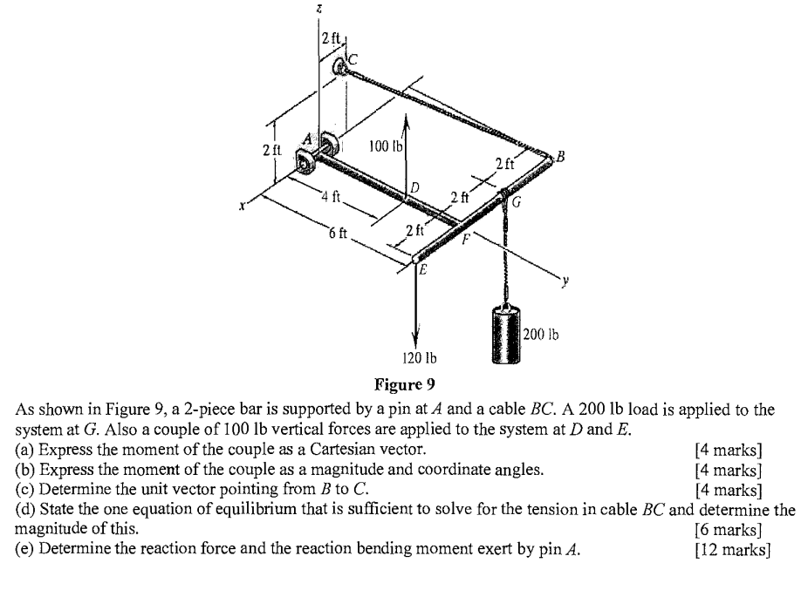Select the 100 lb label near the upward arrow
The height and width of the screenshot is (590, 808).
click(x=383, y=146)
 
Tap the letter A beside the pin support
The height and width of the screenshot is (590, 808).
click(x=307, y=139)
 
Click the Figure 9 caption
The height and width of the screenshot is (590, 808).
click(x=403, y=383)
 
